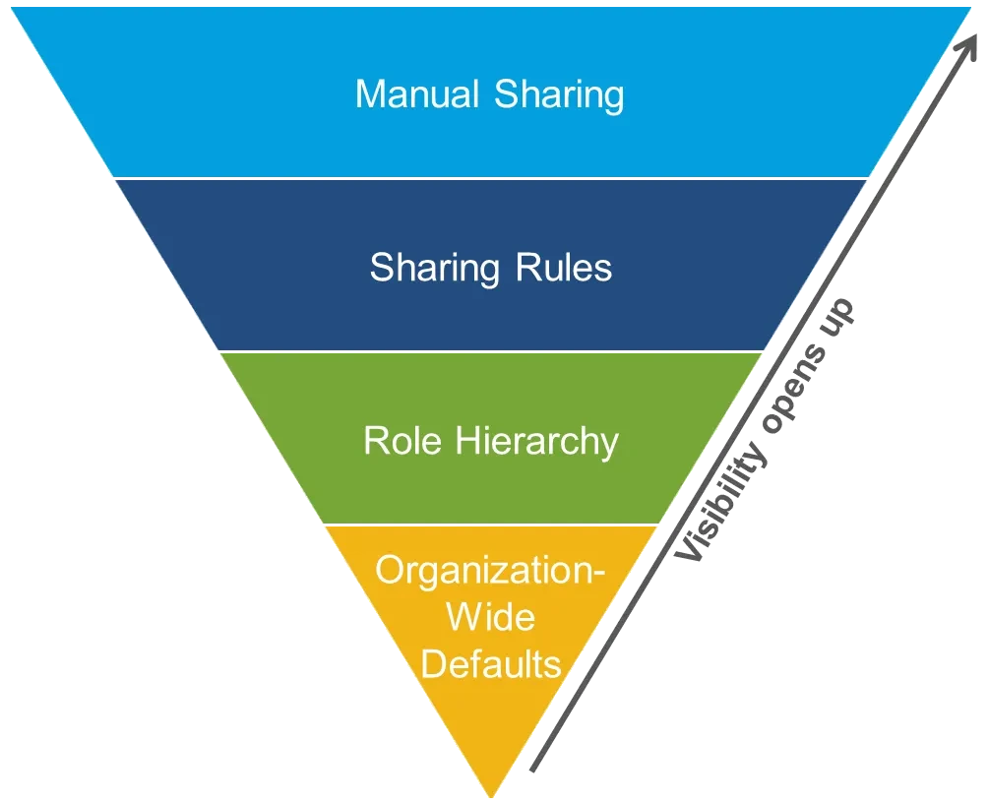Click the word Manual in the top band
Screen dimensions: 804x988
pos(419,94)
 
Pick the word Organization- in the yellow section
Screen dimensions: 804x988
pos(490,571)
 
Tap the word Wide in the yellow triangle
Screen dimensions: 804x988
pos(490,617)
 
